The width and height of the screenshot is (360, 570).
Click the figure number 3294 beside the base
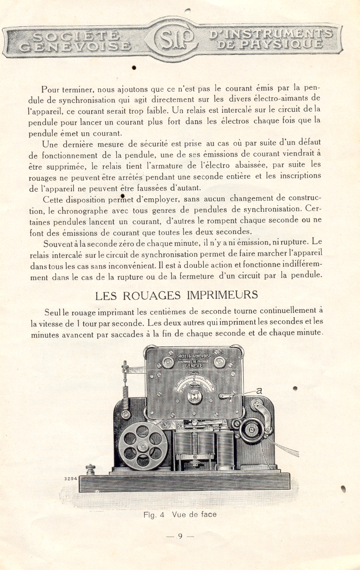coord(70,479)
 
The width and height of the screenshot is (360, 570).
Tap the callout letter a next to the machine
coord(259,390)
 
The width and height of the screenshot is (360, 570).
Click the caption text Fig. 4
coord(154,515)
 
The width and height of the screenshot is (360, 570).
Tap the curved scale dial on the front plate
coord(194,383)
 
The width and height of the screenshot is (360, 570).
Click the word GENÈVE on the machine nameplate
coord(194,365)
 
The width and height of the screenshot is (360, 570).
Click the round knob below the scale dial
coord(194,396)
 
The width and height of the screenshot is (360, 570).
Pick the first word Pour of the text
coord(50,89)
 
